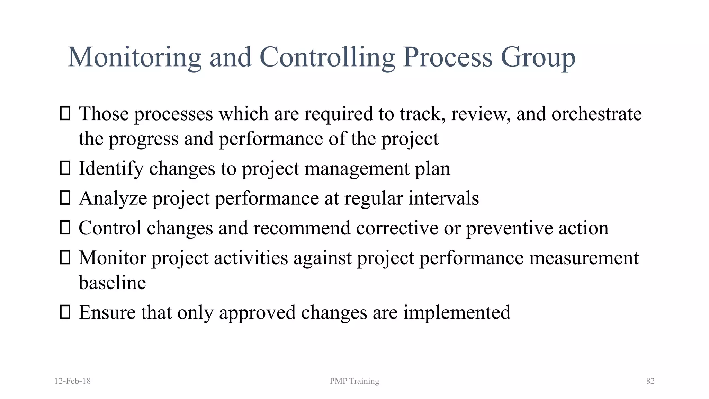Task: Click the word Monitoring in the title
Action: pos(134,57)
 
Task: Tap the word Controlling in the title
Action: pos(327,57)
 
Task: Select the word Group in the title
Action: pos(538,57)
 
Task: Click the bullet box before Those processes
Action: pos(65,114)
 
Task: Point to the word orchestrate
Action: pos(596,114)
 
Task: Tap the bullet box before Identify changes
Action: pos(65,168)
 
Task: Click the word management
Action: pos(357,169)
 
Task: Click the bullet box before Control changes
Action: pos(65,228)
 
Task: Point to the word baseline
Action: pos(112,283)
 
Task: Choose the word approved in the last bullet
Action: pos(257,313)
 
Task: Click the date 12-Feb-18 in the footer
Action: pos(73,381)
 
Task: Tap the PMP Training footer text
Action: pos(354,381)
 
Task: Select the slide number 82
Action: pos(650,381)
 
